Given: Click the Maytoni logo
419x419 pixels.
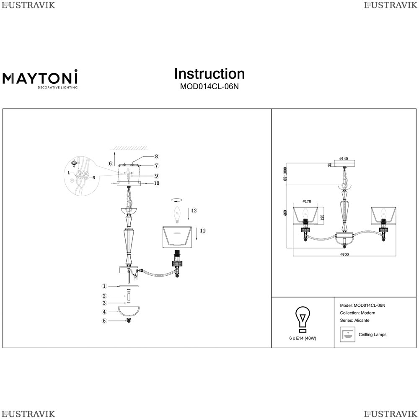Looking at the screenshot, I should click(x=40, y=79).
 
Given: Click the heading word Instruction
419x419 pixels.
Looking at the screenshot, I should click(x=209, y=74).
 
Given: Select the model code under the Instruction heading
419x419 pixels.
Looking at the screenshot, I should click(x=209, y=87).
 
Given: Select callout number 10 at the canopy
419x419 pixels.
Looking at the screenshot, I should click(x=145, y=183).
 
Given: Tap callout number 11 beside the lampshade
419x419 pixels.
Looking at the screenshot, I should click(x=202, y=230).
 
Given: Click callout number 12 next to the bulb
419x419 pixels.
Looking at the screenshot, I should click(x=194, y=211).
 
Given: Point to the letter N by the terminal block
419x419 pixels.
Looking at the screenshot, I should click(x=94, y=177).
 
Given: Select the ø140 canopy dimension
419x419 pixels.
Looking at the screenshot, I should click(x=344, y=158).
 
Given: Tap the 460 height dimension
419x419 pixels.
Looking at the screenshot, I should click(x=286, y=212).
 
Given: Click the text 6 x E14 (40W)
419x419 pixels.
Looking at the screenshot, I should click(x=303, y=338).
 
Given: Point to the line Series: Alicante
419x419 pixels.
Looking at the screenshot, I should click(x=354, y=321).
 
